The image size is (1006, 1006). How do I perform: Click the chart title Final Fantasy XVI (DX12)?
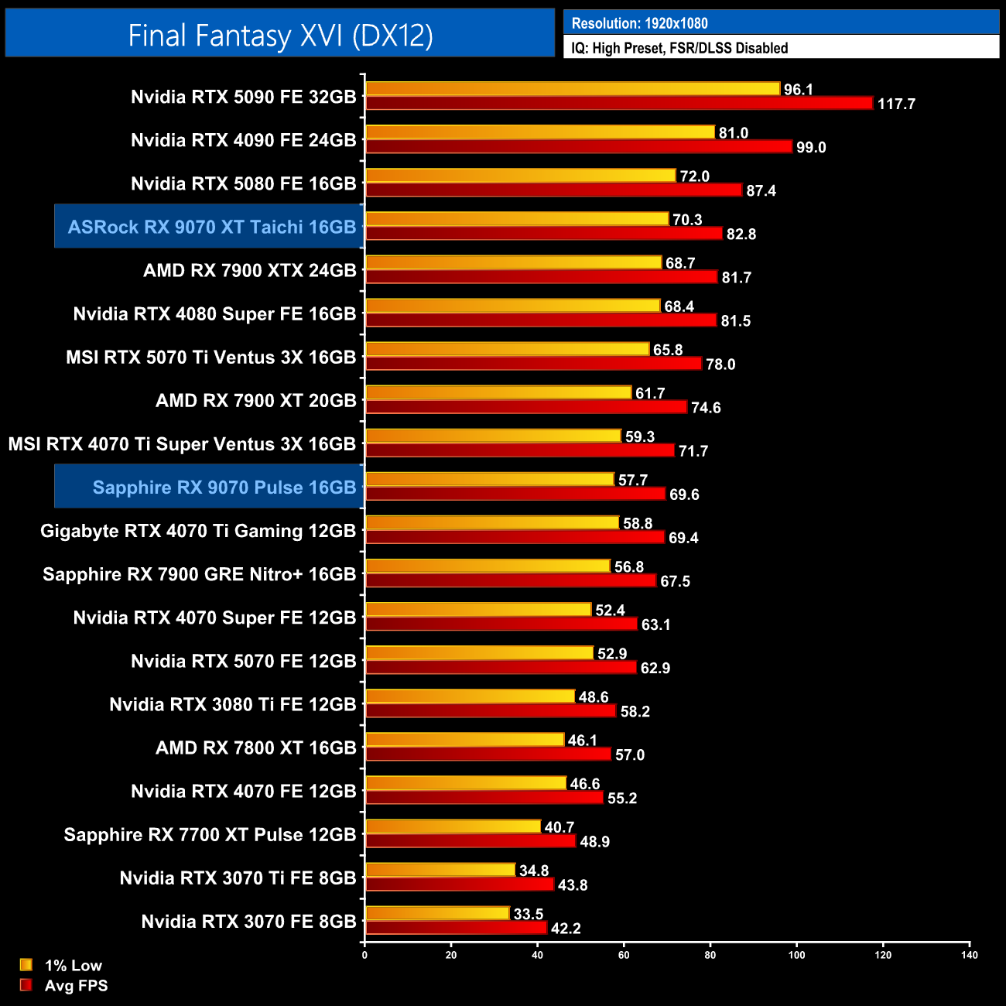280,35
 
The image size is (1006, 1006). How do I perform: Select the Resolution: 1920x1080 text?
639,23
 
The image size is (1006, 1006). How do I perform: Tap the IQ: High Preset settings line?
679,48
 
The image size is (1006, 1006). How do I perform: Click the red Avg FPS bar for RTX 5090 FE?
619,103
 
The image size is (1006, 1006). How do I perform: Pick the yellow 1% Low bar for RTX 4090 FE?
539,132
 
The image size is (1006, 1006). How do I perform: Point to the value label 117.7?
896,104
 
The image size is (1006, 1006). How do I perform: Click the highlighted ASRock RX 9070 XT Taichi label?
211,227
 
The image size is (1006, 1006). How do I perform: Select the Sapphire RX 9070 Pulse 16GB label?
224,488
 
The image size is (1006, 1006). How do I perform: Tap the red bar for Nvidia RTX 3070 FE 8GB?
456,928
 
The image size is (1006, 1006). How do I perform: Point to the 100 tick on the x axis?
796,955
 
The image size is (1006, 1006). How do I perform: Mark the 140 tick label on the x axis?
969,955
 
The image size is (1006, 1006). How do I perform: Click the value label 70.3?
687,220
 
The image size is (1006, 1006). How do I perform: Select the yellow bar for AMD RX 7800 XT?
464,740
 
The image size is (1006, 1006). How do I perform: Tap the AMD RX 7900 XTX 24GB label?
249,271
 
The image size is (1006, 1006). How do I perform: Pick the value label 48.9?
594,841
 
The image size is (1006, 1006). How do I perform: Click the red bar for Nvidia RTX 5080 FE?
553,190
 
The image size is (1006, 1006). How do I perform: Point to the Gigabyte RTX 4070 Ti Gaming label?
198,531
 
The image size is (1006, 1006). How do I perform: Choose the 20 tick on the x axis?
451,955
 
